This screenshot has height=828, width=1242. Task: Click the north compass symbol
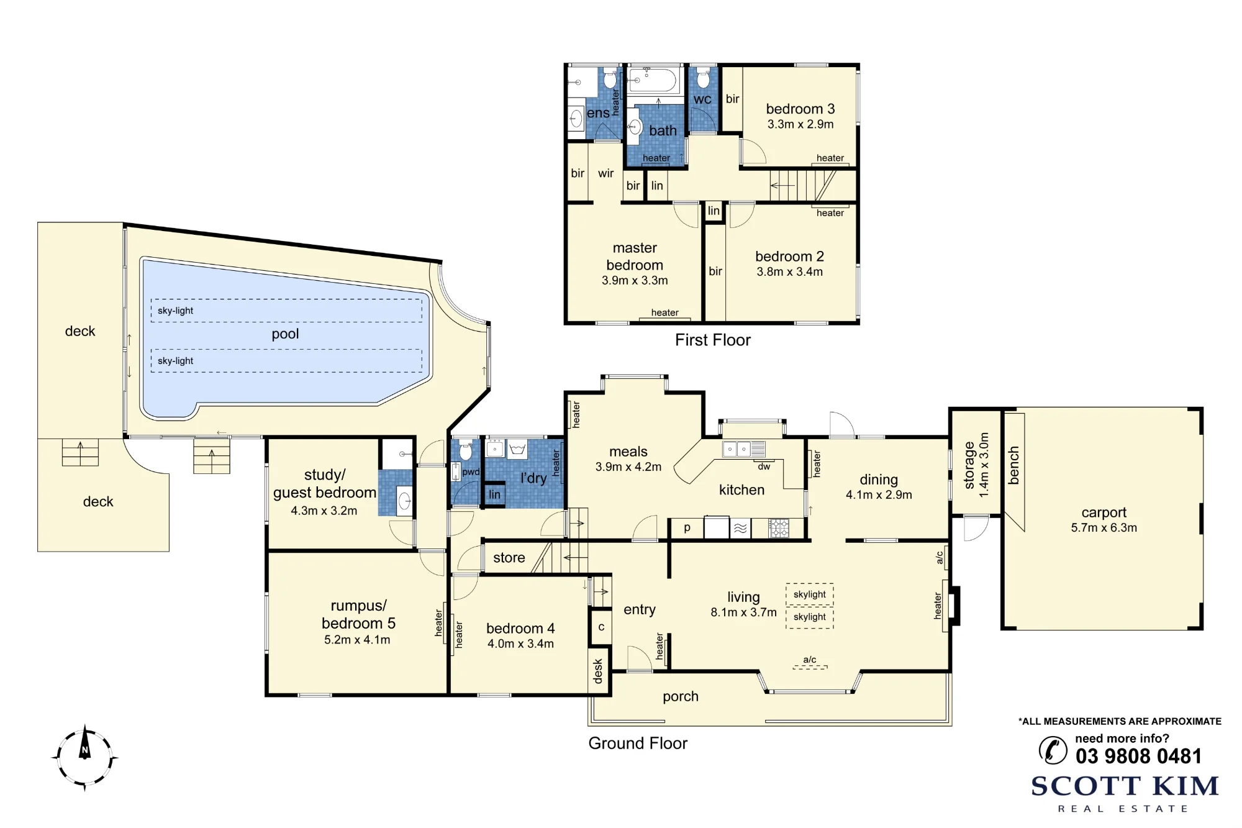pyautogui.click(x=84, y=757)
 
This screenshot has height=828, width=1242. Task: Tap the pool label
pyautogui.click(x=285, y=334)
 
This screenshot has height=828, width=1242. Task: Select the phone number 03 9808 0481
pyautogui.click(x=1138, y=756)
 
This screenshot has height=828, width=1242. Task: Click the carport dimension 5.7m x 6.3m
pyautogui.click(x=1104, y=527)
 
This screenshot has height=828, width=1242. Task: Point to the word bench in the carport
pyautogui.click(x=1013, y=465)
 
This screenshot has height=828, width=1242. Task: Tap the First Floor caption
pyautogui.click(x=712, y=340)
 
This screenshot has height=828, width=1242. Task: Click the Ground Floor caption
pyautogui.click(x=638, y=743)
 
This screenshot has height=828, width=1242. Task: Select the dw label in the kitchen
pyautogui.click(x=764, y=466)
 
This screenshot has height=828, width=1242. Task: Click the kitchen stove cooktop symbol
pyautogui.click(x=779, y=528)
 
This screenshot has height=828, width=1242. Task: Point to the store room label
pyautogui.click(x=509, y=558)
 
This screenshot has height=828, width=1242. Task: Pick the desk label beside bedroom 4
pyautogui.click(x=597, y=671)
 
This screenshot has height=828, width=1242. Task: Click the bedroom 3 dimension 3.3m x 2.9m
pyautogui.click(x=800, y=124)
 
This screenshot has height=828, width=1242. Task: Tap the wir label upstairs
pyautogui.click(x=605, y=173)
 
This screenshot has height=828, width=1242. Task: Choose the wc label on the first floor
pyautogui.click(x=702, y=99)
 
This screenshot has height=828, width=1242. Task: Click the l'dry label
pyautogui.click(x=533, y=478)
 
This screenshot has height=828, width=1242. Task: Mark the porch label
pyautogui.click(x=680, y=696)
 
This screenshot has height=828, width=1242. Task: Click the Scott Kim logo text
pyautogui.click(x=1125, y=786)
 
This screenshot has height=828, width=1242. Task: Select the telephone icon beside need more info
pyautogui.click(x=1053, y=750)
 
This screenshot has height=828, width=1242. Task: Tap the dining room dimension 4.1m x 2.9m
pyautogui.click(x=879, y=494)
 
